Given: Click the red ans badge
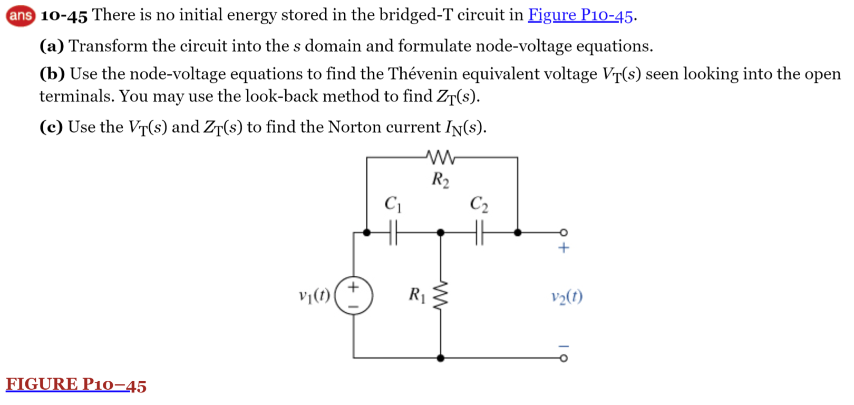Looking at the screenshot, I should coord(20,16).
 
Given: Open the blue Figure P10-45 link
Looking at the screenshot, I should coord(580,15).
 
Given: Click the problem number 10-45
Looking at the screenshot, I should coord(64,16).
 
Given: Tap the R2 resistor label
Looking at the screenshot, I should coord(440,180).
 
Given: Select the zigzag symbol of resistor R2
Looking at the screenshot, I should coord(440,157).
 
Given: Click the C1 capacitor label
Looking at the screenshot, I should coord(393,204).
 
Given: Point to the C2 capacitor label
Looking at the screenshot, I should coord(479,204).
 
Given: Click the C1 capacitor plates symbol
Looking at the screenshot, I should coord(393,233).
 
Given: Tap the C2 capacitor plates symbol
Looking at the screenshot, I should coord(479,233).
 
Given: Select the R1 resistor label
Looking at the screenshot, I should coord(417,294).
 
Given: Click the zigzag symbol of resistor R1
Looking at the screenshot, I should coord(440,296).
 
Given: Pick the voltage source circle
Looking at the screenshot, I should coord(353,296).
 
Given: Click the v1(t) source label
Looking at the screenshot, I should coord(314,296).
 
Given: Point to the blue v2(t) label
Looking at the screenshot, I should coord(567,296).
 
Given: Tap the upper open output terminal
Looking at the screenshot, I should coord(564,233).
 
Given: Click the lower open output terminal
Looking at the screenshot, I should coord(564,358).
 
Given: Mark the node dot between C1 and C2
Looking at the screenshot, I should coord(441,233).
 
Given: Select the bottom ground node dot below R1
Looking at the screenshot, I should coord(441,358).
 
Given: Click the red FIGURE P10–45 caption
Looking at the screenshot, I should coord(76,384).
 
